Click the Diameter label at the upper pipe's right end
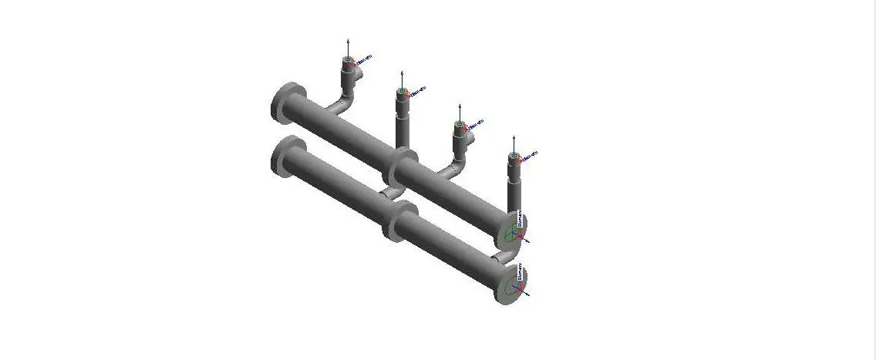click(519, 219)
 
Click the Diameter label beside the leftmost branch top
click(363, 59)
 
